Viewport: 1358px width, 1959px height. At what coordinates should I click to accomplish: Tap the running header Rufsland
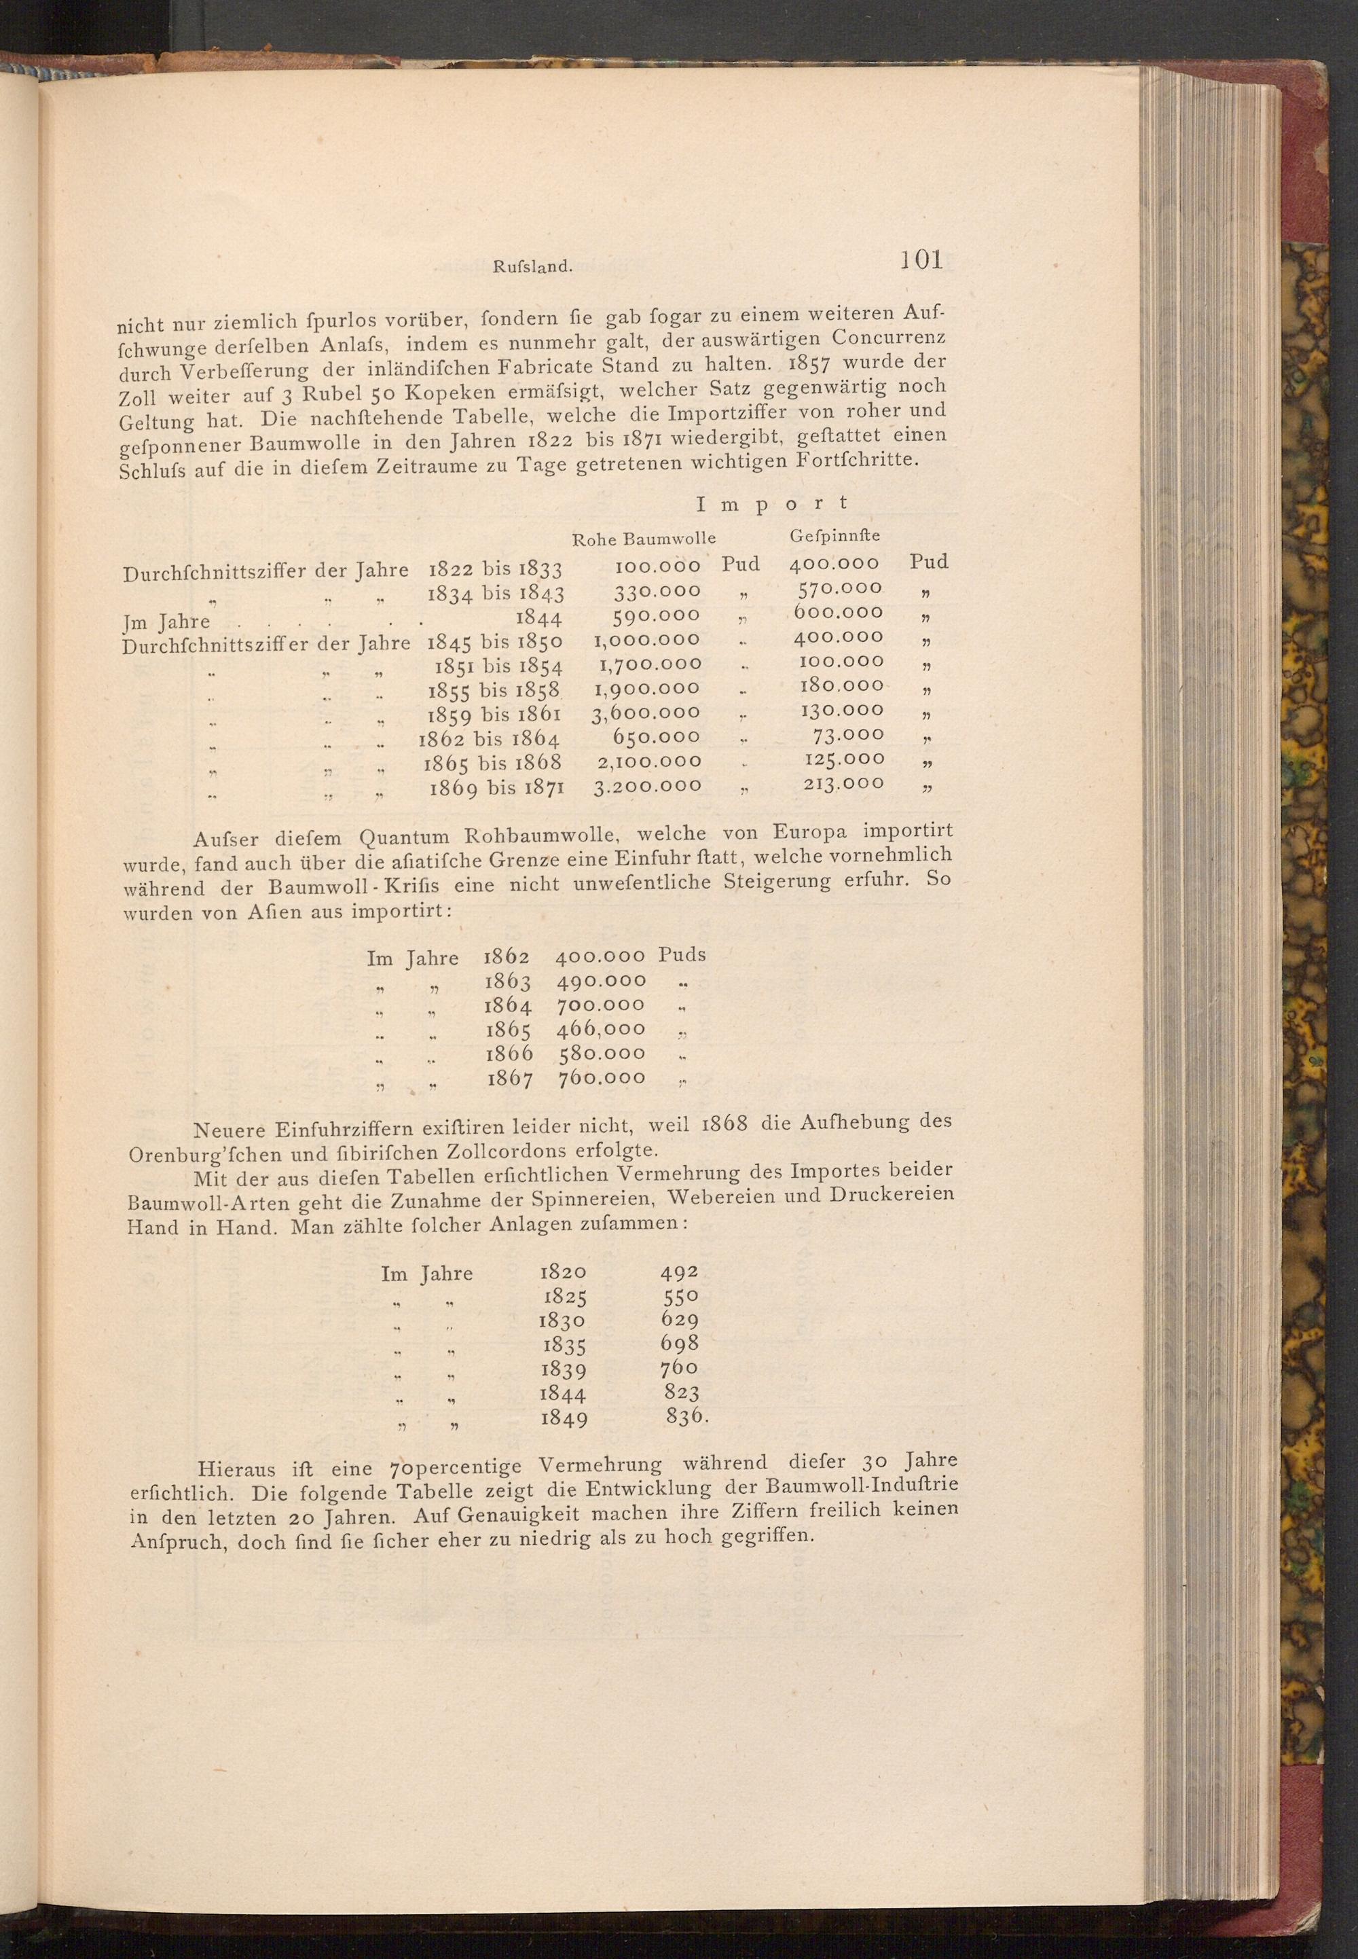click(x=530, y=266)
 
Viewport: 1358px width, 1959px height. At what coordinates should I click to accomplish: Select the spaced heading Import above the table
click(x=772, y=504)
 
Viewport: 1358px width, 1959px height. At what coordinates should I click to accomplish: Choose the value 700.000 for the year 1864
click(x=601, y=1005)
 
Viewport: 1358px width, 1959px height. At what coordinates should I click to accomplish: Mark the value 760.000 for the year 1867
click(x=602, y=1078)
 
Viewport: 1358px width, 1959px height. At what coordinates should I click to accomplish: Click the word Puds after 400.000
click(x=682, y=955)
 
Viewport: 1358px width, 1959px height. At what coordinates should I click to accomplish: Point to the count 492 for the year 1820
click(x=679, y=1272)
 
